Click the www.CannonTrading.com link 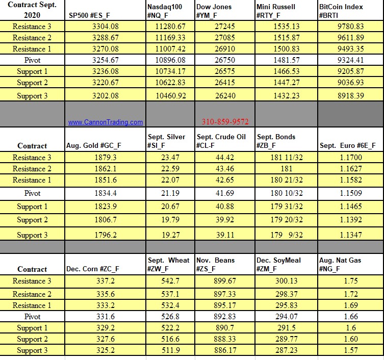click(x=106, y=122)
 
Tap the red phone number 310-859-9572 click(x=225, y=122)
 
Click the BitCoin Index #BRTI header click(x=341, y=11)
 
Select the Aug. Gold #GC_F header click(x=94, y=146)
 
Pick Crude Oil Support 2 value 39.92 click(x=225, y=220)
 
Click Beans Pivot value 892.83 click(x=225, y=317)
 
